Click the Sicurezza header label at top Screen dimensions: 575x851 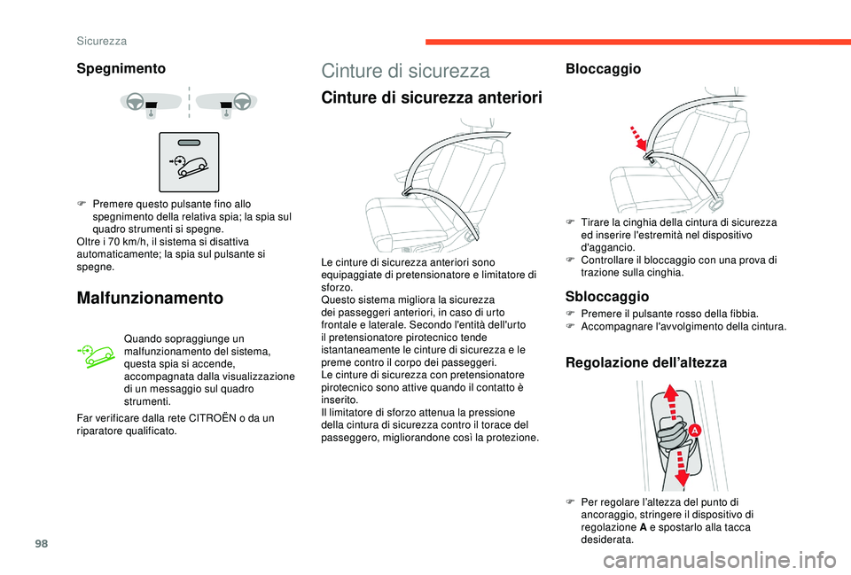point(100,41)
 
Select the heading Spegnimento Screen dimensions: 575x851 point(121,68)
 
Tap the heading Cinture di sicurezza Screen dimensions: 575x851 point(405,71)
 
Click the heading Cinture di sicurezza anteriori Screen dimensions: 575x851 point(430,98)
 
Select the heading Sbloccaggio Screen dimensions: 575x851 point(607,296)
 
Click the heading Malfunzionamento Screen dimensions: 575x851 point(152,298)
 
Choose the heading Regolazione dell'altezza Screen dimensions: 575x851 point(645,362)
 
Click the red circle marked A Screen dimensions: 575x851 point(695,430)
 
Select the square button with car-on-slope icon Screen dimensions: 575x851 point(189,162)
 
